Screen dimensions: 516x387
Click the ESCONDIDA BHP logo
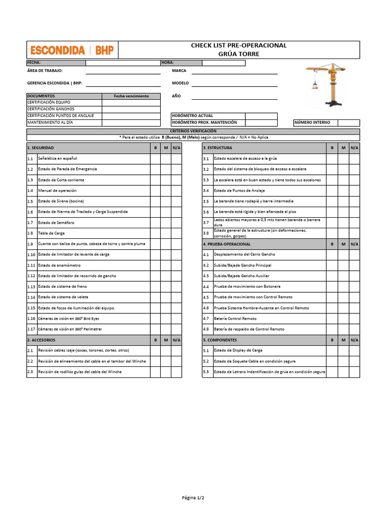point(72,50)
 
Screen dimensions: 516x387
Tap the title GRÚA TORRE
point(238,54)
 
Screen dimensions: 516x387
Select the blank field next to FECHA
point(122,63)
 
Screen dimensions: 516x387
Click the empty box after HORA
point(223,63)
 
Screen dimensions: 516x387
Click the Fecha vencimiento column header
point(131,96)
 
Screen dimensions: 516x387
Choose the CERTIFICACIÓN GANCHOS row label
point(51,109)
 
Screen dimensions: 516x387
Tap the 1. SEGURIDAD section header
point(40,148)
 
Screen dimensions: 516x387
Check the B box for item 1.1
point(155,159)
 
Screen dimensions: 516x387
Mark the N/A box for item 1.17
point(176,329)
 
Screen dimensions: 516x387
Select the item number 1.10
point(31,254)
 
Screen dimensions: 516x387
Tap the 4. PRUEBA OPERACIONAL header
point(227,244)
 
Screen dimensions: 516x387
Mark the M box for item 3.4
point(343,190)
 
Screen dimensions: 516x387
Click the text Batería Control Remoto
point(235,318)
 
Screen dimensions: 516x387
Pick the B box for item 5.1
point(332,350)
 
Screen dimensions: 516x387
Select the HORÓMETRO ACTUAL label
point(192,116)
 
